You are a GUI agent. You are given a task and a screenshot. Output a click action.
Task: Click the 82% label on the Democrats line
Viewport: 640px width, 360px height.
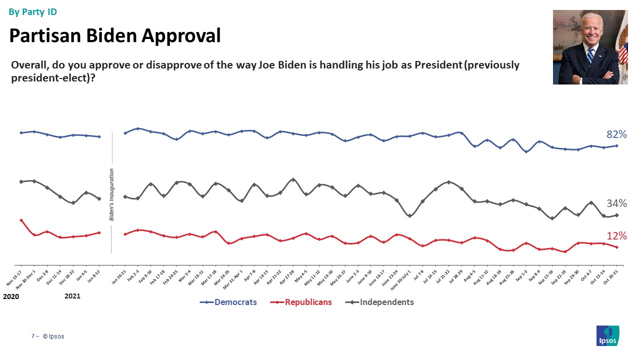pos(616,134)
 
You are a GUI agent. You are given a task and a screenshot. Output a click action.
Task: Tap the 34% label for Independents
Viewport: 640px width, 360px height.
pos(616,203)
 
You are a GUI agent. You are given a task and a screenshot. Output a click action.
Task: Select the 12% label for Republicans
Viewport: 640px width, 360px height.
pos(616,236)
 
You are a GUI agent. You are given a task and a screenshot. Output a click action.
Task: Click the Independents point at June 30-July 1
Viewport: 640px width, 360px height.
pos(409,216)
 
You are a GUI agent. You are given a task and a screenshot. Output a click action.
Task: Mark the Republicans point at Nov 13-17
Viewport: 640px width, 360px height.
pos(21,220)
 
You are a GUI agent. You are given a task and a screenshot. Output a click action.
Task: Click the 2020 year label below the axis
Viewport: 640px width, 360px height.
pos(11,296)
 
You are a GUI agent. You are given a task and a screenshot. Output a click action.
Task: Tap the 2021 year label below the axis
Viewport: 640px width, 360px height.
pos(72,296)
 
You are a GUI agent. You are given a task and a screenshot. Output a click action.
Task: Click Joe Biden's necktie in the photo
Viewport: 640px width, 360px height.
pos(590,54)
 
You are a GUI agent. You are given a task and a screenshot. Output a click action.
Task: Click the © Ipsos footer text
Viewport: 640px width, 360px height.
pos(53,336)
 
